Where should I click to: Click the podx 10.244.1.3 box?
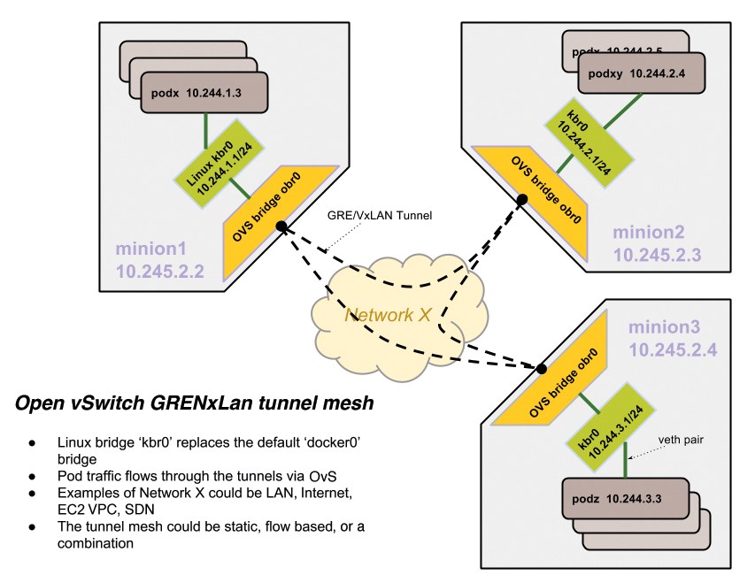(203, 92)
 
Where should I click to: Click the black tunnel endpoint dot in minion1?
(281, 226)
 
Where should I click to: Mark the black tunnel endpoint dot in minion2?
(522, 200)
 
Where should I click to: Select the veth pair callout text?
(682, 440)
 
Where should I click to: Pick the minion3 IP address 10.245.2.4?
(673, 349)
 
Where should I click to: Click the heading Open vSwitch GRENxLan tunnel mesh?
(195, 404)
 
